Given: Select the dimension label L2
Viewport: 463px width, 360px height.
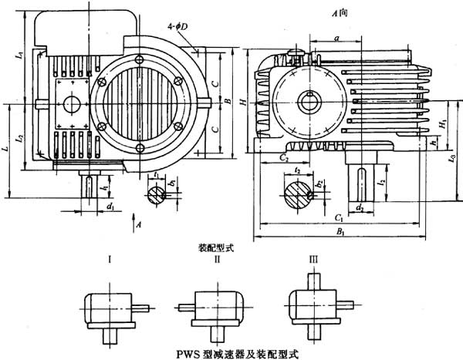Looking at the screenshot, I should point(21,137).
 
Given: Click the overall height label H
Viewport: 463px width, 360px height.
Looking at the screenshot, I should point(242,101).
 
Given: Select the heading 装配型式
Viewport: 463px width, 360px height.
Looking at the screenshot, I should point(214,248).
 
